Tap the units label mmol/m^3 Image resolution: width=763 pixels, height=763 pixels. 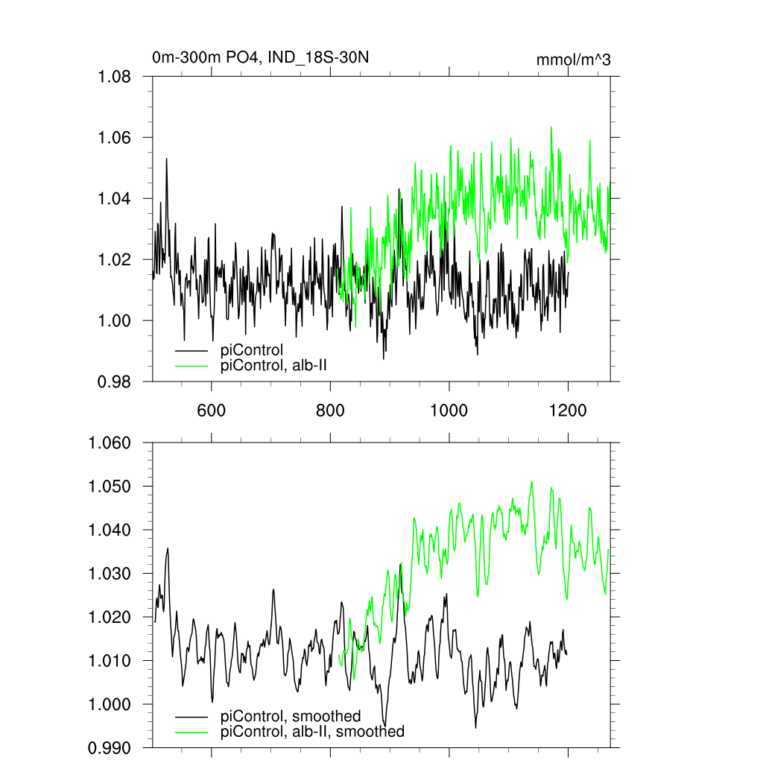pyautogui.click(x=573, y=60)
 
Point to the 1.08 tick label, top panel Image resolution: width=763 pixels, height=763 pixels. pyautogui.click(x=115, y=77)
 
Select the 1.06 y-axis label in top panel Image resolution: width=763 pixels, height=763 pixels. pyautogui.click(x=115, y=138)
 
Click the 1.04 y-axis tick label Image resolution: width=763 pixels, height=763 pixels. pyautogui.click(x=115, y=199)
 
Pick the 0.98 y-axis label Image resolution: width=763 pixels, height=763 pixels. pyautogui.click(x=115, y=381)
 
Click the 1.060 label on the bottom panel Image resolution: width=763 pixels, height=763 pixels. pyautogui.click(x=110, y=443)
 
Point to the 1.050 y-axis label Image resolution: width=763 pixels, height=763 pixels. pyautogui.click(x=110, y=487)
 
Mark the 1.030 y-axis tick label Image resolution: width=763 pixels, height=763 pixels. pyautogui.click(x=110, y=574)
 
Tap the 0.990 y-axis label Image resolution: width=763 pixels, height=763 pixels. pyautogui.click(x=110, y=747)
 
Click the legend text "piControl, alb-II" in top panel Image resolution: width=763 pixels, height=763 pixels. pyautogui.click(x=274, y=365)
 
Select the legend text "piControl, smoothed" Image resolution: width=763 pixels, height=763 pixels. pyautogui.click(x=291, y=716)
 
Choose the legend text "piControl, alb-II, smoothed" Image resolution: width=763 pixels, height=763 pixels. pyautogui.click(x=313, y=732)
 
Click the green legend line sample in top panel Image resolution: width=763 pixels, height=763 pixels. pyautogui.click(x=191, y=365)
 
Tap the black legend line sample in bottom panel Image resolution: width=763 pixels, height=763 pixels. pyautogui.click(x=191, y=716)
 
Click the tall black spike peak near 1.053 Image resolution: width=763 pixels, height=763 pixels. pyautogui.click(x=166, y=159)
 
